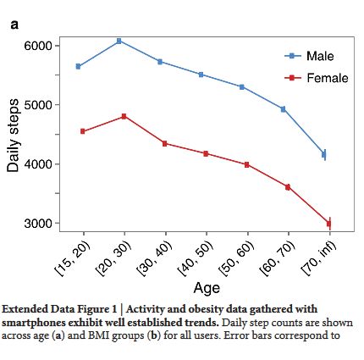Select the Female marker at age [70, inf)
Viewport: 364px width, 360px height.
328,224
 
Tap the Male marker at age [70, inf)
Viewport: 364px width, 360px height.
324,154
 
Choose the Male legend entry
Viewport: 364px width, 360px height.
309,56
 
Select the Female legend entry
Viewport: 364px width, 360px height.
317,78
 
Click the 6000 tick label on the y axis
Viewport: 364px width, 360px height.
38,46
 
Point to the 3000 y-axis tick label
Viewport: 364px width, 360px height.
38,223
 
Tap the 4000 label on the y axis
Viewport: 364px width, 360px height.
38,164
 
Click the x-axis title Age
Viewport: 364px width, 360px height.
207,288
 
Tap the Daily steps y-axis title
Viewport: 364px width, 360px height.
13,136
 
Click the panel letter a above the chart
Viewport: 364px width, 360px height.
14,25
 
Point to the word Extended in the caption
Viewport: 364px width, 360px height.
25,309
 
